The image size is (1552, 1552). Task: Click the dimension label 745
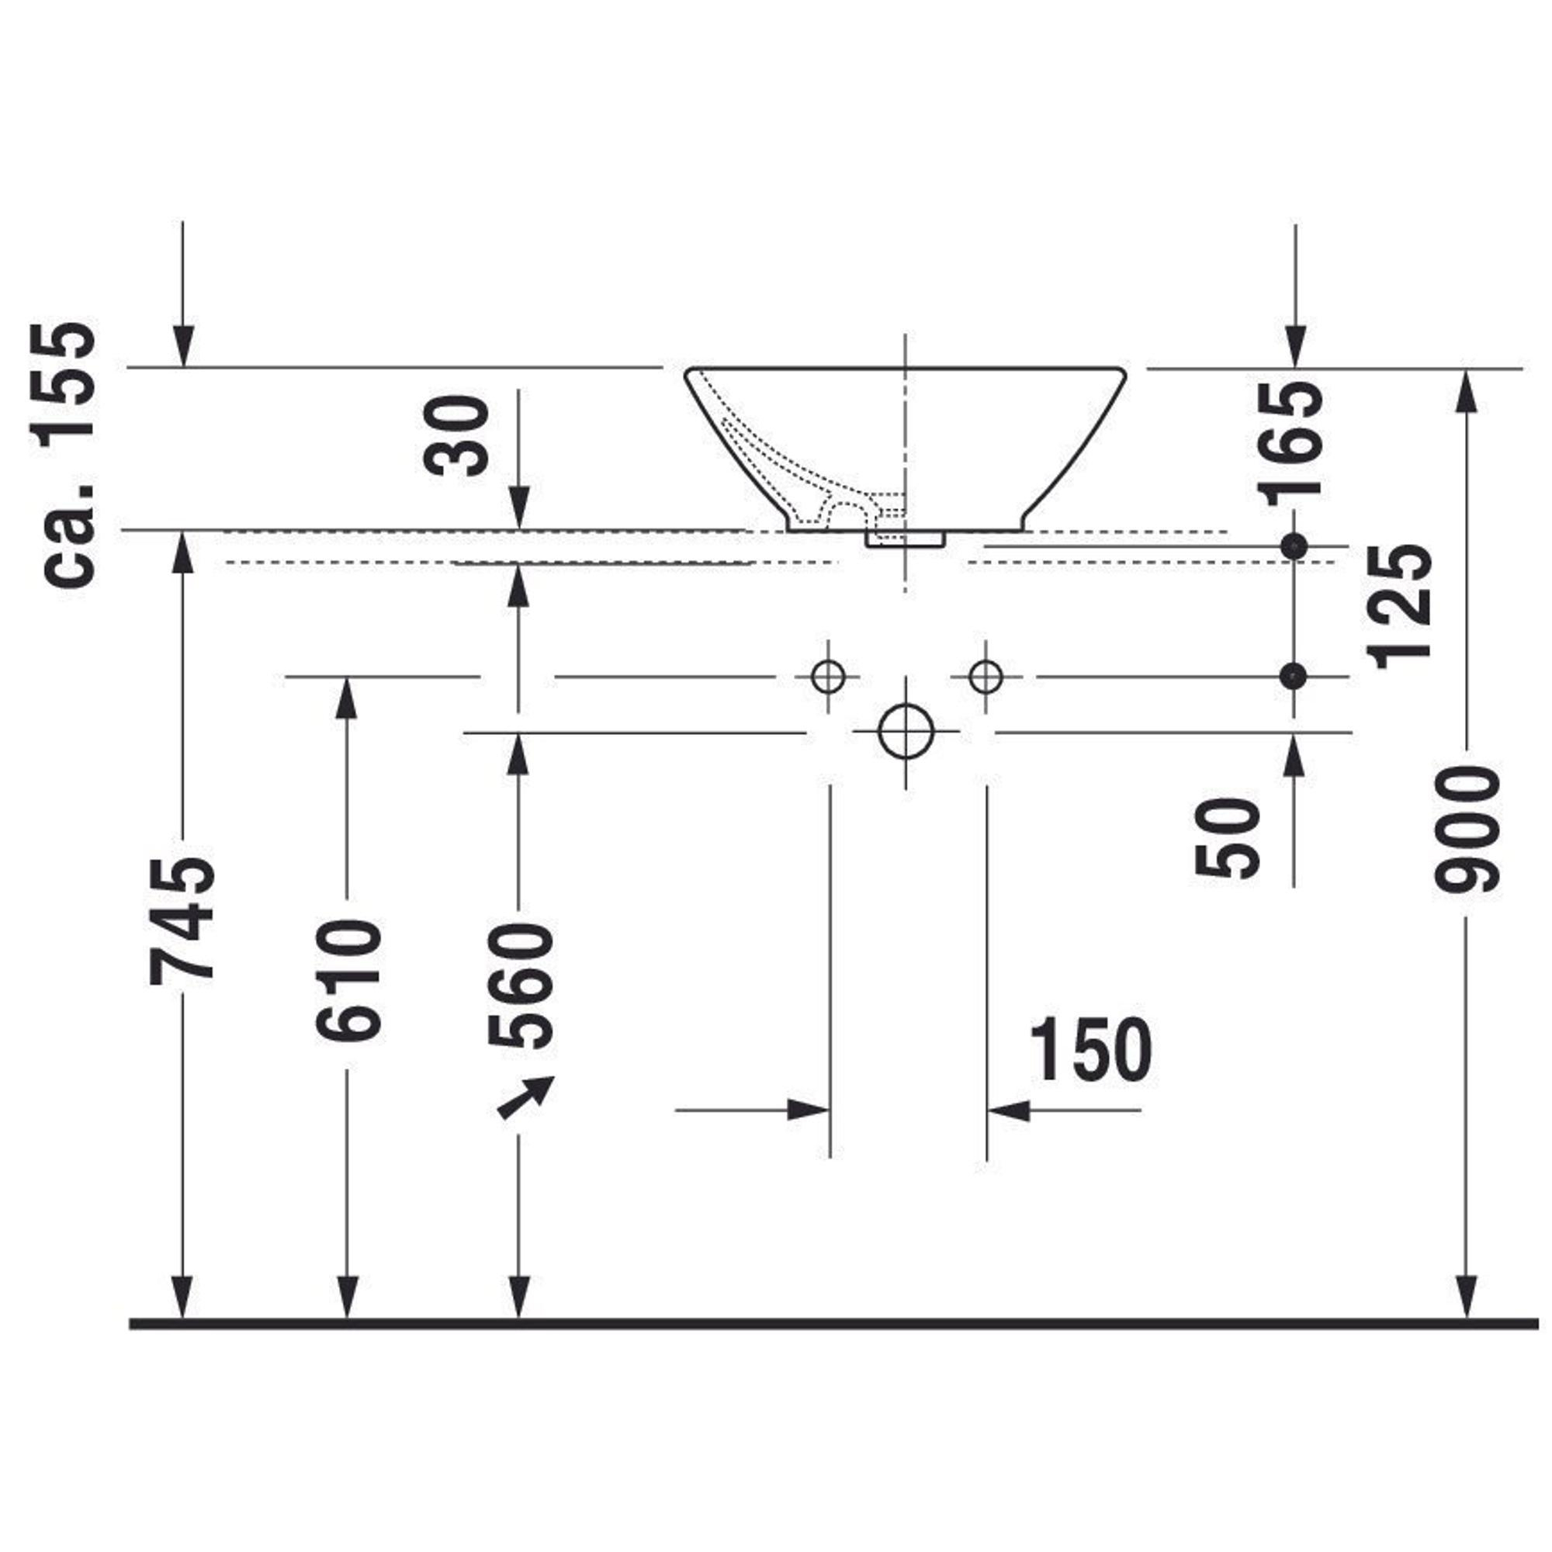coord(182,920)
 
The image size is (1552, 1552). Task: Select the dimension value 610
coord(347,982)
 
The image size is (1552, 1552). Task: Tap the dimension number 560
coord(520,986)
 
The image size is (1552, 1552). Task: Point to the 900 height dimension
coord(1467,829)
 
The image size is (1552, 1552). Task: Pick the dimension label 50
coord(1225,837)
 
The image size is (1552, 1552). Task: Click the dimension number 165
coord(1293,442)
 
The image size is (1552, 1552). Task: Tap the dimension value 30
coord(456,435)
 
